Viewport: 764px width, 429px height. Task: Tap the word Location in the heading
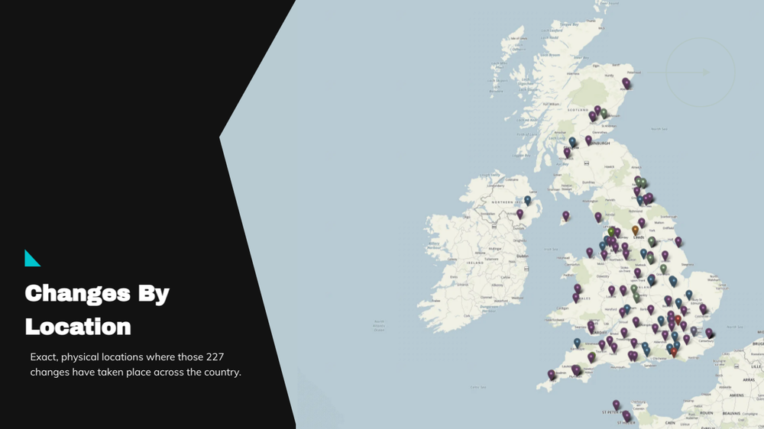(78, 327)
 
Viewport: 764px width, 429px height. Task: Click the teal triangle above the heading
(31, 259)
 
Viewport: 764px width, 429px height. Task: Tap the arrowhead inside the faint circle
(705, 73)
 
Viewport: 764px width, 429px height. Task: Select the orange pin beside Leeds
(635, 228)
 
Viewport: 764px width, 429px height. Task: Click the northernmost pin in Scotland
(626, 82)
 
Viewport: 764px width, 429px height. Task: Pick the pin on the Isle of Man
(566, 214)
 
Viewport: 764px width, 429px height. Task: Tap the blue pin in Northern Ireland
(527, 199)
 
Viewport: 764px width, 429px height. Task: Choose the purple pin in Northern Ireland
(520, 213)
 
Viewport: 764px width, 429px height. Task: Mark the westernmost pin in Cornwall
(551, 374)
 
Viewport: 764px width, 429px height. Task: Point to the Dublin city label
(523, 256)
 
